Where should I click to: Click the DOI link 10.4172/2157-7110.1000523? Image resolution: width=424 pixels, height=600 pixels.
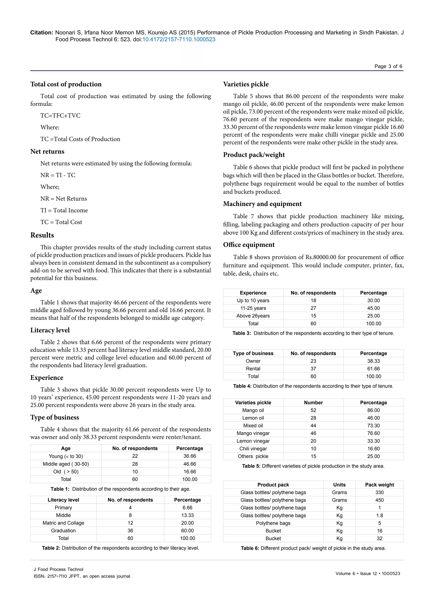point(179,39)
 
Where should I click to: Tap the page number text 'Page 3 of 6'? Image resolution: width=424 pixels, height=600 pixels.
point(388,66)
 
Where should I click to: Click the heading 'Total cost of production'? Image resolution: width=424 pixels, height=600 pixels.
point(66,84)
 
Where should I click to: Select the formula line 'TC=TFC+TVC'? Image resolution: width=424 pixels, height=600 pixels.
point(60,116)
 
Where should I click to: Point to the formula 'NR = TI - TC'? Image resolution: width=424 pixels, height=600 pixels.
point(58,175)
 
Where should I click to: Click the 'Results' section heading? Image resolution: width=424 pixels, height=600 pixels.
point(42,235)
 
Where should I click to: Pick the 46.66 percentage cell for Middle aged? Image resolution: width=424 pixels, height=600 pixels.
point(190,464)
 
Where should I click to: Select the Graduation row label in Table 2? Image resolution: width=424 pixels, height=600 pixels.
point(63,530)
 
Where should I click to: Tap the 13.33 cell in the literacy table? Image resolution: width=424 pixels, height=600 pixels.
point(187,515)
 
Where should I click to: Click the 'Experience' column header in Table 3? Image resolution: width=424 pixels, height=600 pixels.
point(253,293)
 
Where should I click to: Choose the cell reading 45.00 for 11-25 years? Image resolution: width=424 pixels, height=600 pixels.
point(373,308)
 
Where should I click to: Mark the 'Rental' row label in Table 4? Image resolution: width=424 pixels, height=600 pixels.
point(253,368)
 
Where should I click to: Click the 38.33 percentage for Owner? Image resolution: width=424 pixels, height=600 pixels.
point(373,361)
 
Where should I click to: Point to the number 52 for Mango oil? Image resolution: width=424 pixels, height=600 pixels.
point(313,410)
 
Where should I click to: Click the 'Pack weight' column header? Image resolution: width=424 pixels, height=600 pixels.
point(379,485)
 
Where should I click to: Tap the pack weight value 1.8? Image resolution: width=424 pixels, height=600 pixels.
point(379,515)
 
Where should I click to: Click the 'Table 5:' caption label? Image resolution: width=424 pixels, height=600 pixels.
point(251,466)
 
